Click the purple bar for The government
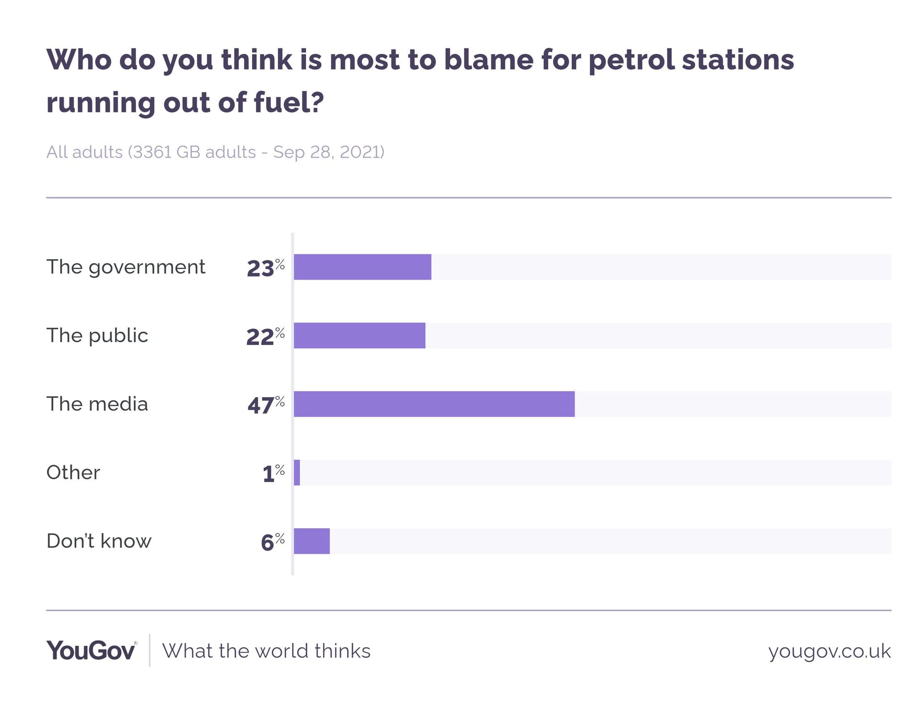362,267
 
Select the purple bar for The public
360,335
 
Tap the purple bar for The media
434,404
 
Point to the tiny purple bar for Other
297,473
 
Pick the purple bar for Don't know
312,541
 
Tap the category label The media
97,404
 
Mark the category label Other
73,473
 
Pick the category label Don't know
99,541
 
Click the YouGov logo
91,650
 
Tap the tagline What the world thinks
266,651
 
